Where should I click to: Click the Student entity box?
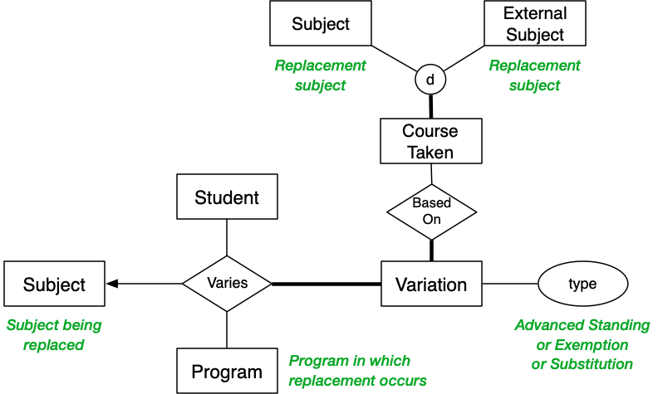click(x=227, y=197)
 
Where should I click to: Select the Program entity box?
click(x=227, y=371)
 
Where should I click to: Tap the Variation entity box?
click(x=431, y=285)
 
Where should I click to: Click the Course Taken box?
click(x=430, y=141)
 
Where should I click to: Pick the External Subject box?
click(x=534, y=23)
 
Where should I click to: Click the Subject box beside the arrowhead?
click(x=55, y=284)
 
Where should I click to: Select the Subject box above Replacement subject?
click(x=321, y=23)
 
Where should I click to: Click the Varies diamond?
click(x=227, y=284)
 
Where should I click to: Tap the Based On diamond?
click(x=431, y=212)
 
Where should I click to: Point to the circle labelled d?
click(x=430, y=80)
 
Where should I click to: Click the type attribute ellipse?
click(x=582, y=284)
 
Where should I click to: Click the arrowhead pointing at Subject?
click(x=113, y=284)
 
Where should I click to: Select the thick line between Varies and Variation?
click(x=326, y=284)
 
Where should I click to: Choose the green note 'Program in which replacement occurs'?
click(x=357, y=371)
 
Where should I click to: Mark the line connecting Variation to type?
click(x=510, y=284)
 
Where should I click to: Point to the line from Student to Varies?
click(x=227, y=237)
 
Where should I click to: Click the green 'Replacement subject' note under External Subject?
click(x=534, y=75)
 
